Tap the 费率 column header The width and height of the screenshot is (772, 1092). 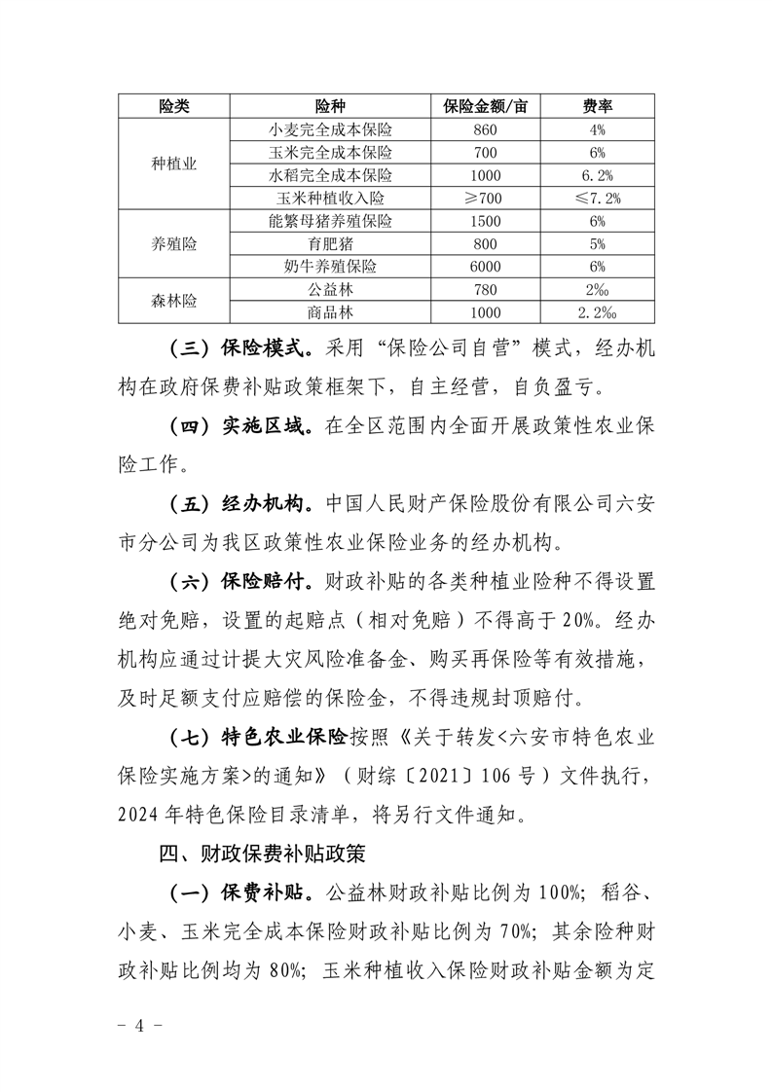tap(597, 105)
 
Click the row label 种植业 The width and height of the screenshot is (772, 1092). tap(175, 164)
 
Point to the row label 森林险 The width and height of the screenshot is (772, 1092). tap(175, 301)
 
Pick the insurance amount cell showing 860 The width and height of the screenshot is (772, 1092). tap(484, 128)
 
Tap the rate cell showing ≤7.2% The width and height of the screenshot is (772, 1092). tap(597, 199)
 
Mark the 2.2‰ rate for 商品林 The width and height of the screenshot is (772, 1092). tap(597, 312)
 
